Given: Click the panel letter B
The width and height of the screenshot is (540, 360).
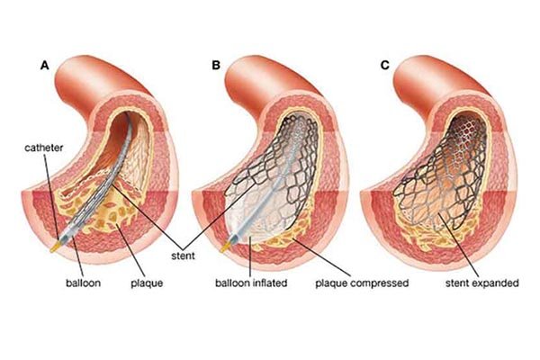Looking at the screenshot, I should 215,65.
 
